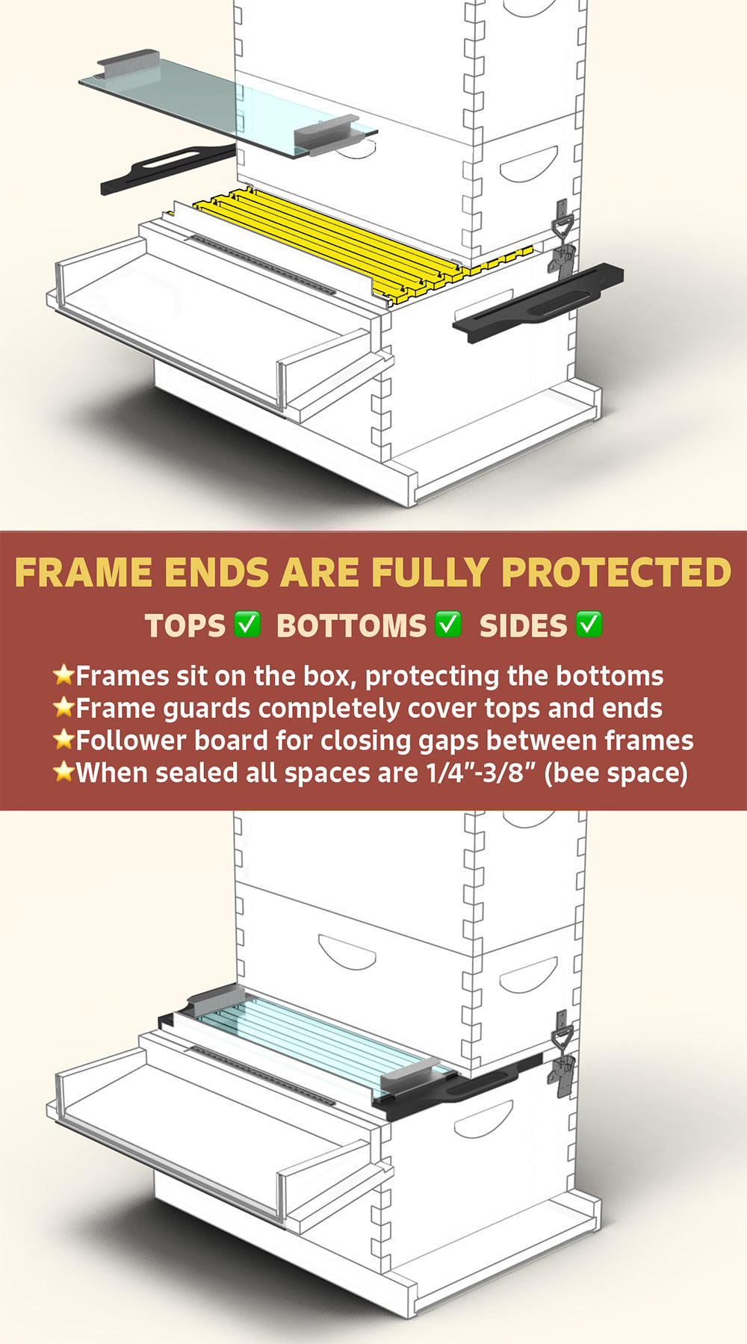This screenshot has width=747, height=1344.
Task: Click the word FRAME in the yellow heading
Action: [x=84, y=573]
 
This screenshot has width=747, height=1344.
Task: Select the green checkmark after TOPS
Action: [x=247, y=624]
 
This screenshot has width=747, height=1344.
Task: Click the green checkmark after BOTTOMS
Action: [x=448, y=624]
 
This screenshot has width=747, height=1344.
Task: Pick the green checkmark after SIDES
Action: [x=589, y=624]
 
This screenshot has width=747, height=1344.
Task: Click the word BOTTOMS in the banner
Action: [x=351, y=626]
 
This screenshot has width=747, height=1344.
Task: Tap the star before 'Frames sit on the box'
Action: [x=63, y=675]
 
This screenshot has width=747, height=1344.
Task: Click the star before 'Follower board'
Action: [x=63, y=739]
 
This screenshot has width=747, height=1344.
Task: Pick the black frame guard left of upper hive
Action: [x=168, y=169]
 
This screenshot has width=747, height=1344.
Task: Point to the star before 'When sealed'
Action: [x=63, y=771]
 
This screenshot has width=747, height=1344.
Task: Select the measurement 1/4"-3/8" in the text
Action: [x=481, y=772]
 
